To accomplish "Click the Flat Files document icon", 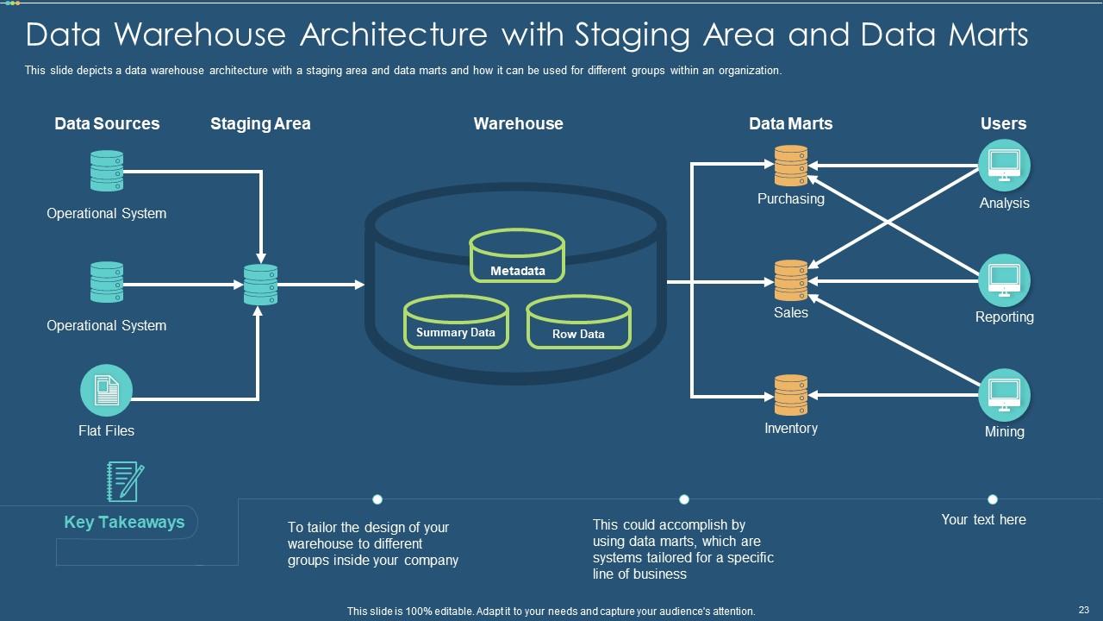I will click(x=106, y=391).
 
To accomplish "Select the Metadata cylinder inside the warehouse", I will click(x=518, y=256).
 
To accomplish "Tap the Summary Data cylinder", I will click(x=456, y=323).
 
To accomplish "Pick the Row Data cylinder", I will click(x=578, y=324).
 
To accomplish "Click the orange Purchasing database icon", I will click(x=790, y=166).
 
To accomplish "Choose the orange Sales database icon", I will click(x=790, y=280).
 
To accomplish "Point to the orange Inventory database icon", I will click(x=790, y=395).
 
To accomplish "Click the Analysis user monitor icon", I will click(x=1004, y=165).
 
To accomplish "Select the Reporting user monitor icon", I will click(x=1004, y=279).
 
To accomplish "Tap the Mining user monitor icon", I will click(x=1004, y=394).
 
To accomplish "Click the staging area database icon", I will click(x=260, y=285).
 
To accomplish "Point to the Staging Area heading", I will click(x=260, y=123).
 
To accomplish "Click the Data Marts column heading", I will click(x=790, y=123).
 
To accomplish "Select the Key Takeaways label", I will click(x=124, y=522).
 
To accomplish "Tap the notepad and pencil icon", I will click(x=124, y=481).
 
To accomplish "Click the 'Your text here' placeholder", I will click(x=983, y=519).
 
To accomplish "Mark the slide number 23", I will click(x=1083, y=610).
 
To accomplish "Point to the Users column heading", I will click(x=1003, y=123).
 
